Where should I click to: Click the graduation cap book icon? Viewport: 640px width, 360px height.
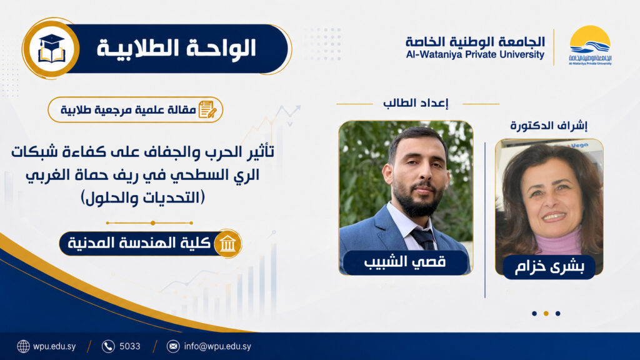[x=51, y=48]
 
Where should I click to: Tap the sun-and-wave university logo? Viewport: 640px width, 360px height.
[x=590, y=45]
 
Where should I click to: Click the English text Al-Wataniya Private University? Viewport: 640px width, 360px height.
[x=475, y=55]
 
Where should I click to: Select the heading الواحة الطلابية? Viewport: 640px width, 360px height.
[x=176, y=48]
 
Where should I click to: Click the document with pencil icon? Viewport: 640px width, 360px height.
[x=207, y=110]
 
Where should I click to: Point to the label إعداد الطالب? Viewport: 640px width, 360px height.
[x=416, y=103]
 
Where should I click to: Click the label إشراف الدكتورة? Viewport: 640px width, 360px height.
[x=549, y=126]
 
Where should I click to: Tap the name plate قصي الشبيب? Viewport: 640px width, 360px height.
[x=405, y=262]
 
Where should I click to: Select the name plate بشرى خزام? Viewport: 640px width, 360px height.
[x=549, y=267]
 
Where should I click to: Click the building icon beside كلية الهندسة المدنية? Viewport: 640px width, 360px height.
[x=227, y=244]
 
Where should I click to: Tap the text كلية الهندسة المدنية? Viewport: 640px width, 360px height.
[x=139, y=243]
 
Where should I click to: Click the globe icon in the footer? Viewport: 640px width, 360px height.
[x=23, y=346]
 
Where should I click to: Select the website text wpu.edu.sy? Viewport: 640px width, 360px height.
[x=54, y=346]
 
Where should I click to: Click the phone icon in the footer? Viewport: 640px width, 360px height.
[x=108, y=346]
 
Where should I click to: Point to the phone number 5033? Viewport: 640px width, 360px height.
[x=130, y=346]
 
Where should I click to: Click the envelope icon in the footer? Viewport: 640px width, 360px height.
[x=173, y=346]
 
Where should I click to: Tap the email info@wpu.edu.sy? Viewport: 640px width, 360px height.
[x=217, y=346]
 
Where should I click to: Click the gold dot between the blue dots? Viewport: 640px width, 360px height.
[x=546, y=314]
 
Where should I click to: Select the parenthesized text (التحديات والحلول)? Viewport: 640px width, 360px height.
[x=143, y=198]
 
